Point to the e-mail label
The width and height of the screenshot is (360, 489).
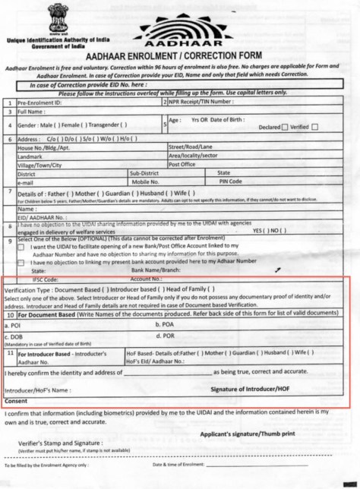tap(27, 182)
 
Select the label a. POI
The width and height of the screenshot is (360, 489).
tap(14, 325)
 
